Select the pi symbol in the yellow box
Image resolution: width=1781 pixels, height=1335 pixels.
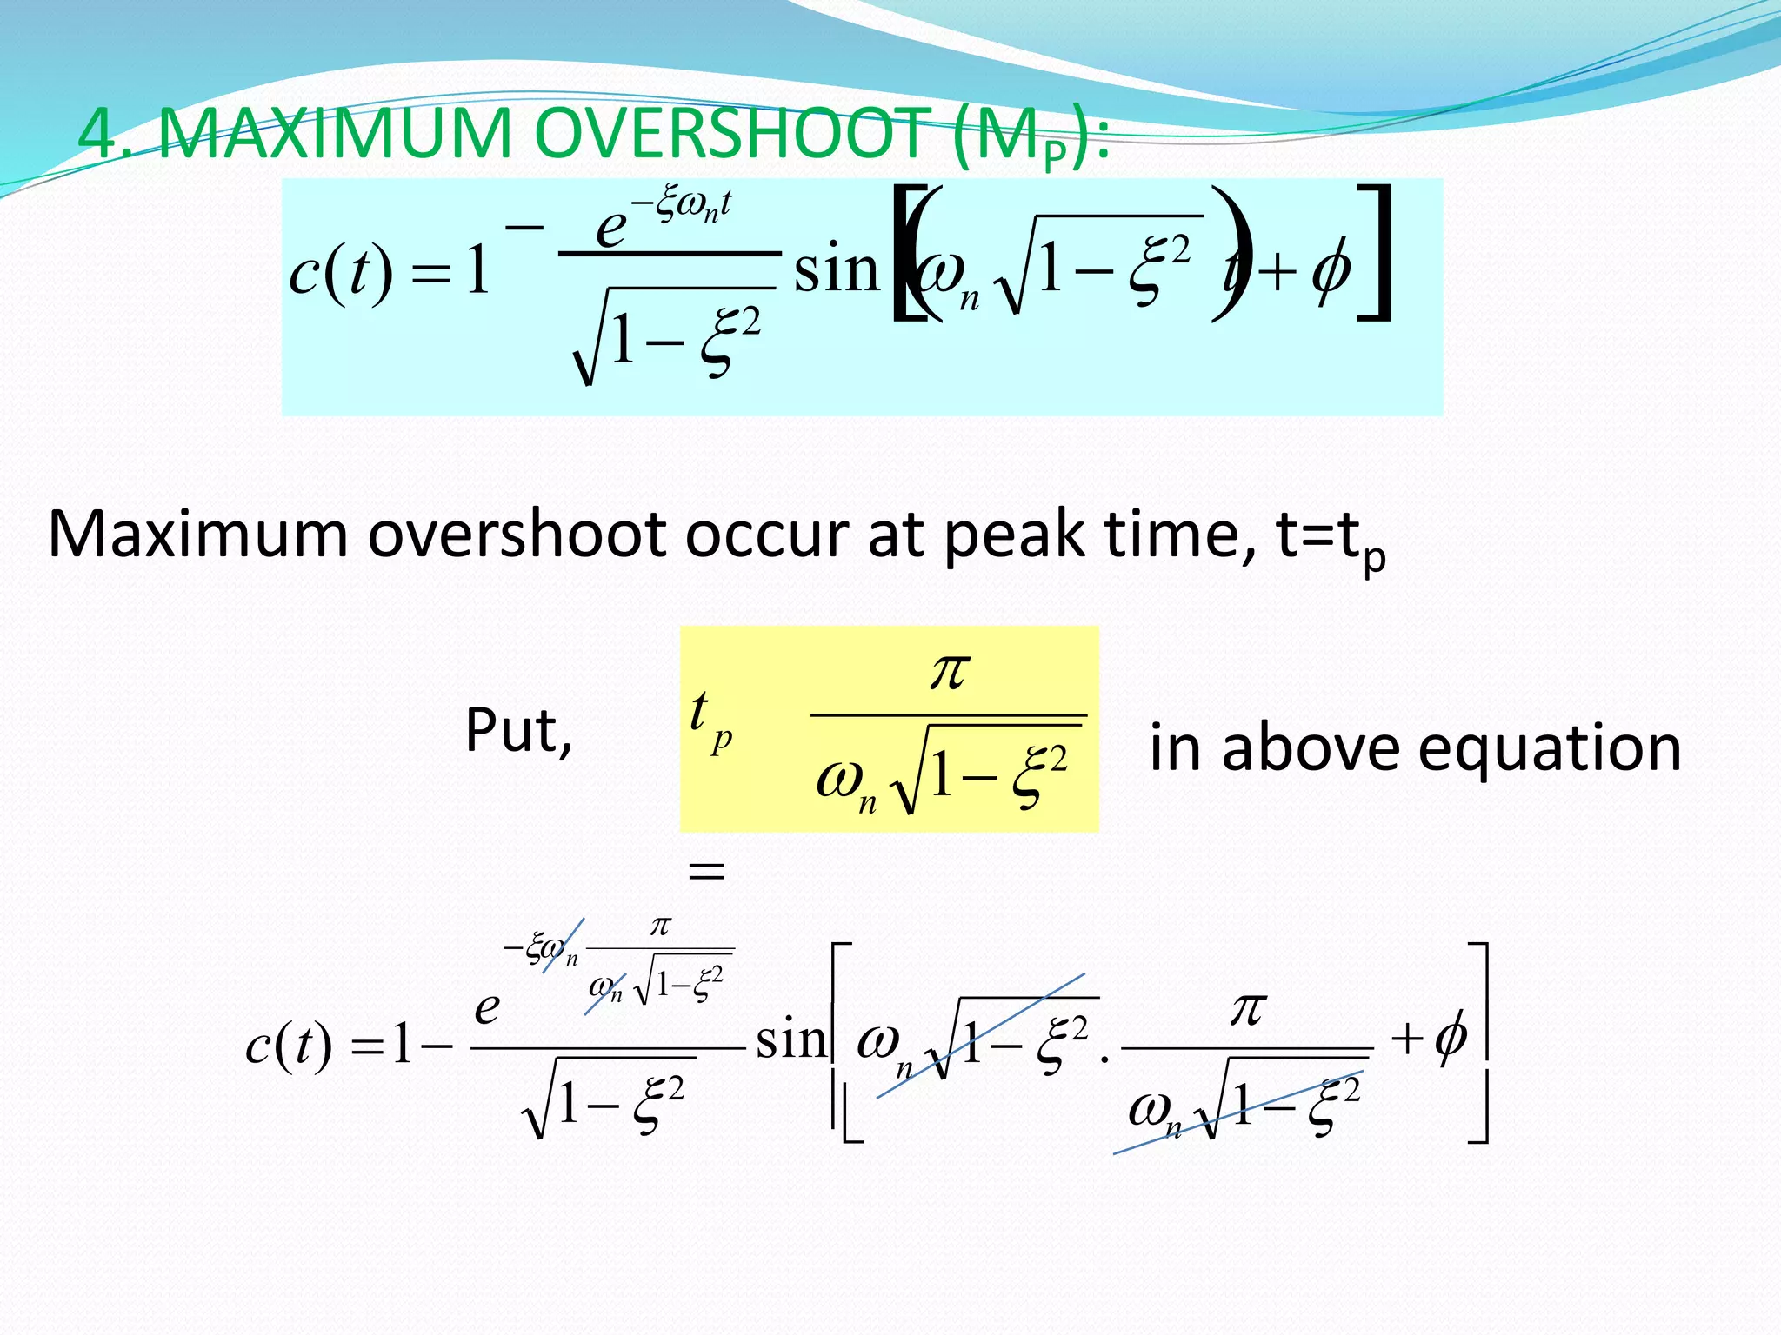coord(949,671)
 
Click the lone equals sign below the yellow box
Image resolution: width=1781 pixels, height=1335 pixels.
coord(706,870)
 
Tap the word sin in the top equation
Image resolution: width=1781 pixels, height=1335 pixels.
coord(837,270)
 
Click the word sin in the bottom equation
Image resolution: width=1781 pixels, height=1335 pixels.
coord(790,1040)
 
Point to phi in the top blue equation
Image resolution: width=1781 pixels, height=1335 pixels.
coord(1331,271)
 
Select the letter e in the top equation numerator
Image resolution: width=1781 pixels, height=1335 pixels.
coord(610,228)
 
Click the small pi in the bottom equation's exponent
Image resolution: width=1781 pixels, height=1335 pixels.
coord(660,927)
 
